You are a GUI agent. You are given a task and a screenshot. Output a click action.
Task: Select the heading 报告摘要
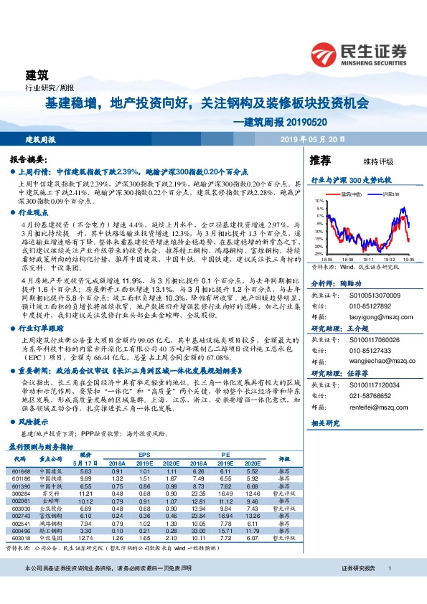click(x=29, y=159)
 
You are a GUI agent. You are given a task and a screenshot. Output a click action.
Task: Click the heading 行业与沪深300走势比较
click(x=350, y=180)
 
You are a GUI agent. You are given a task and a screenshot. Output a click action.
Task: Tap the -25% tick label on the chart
click(x=318, y=254)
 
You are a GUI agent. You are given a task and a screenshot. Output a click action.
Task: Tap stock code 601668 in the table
click(x=21, y=470)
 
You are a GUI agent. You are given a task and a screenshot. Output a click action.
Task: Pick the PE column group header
click(x=225, y=455)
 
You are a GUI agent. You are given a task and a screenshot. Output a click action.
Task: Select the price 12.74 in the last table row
click(x=86, y=537)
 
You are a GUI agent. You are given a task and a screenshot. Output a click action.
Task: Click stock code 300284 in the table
click(x=21, y=493)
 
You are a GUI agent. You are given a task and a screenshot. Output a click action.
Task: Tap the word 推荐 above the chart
click(x=320, y=159)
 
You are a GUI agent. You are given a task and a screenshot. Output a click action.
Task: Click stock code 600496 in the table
click(x=21, y=530)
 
